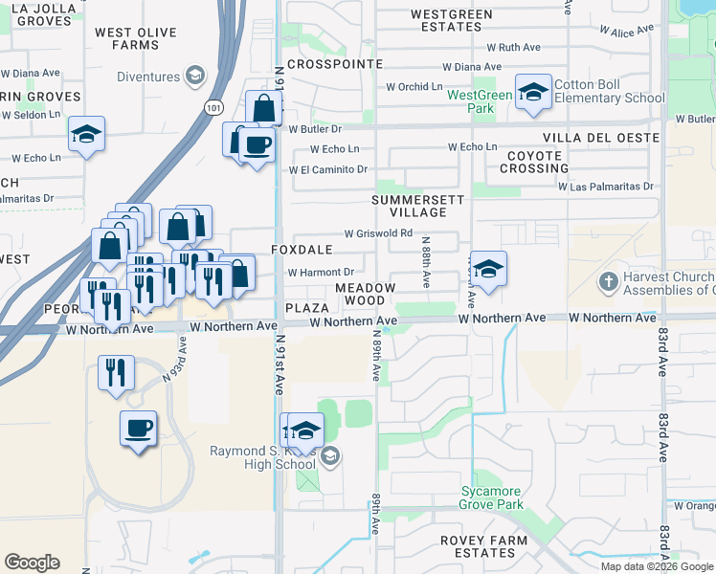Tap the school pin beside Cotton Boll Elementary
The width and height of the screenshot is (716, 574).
(x=533, y=92)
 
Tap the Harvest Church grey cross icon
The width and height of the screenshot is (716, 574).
(x=607, y=282)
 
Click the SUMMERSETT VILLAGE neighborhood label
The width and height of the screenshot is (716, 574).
(x=418, y=206)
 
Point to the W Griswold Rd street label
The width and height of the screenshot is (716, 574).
(x=378, y=232)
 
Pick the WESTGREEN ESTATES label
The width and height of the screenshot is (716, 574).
(x=451, y=20)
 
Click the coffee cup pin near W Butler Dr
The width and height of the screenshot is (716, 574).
(x=256, y=145)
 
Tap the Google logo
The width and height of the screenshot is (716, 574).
(x=32, y=563)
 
